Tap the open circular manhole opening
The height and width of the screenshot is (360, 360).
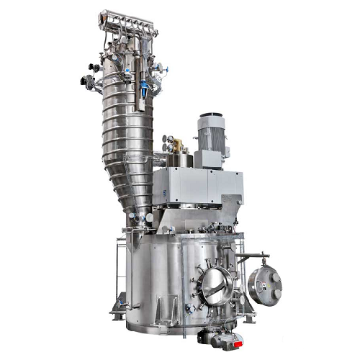pyautogui.click(x=216, y=286)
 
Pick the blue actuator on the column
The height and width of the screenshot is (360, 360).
pyautogui.click(x=145, y=89)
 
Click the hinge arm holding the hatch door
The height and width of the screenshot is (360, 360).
pyautogui.click(x=252, y=256)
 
